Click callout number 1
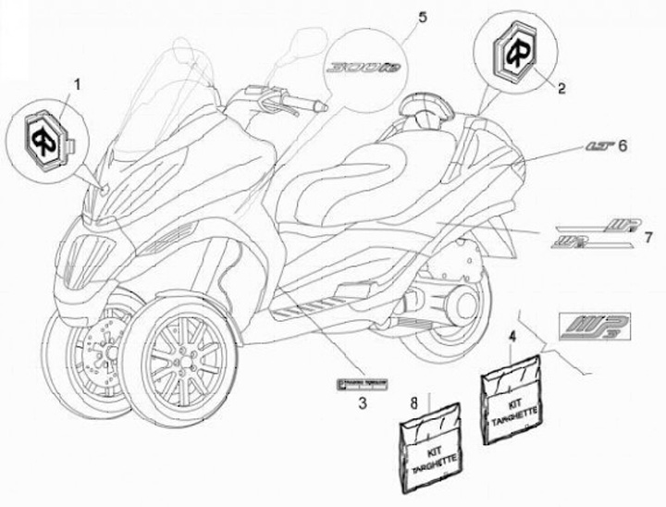click(x=78, y=84)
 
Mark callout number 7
click(x=635, y=238)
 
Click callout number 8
click(x=414, y=401)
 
